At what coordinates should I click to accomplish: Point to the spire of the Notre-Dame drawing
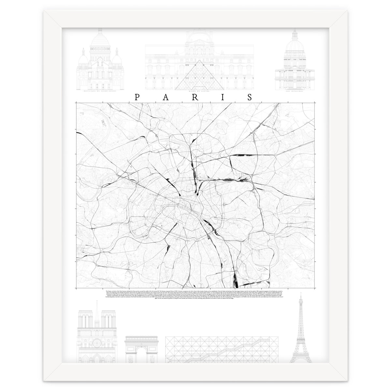pos(96,310)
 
